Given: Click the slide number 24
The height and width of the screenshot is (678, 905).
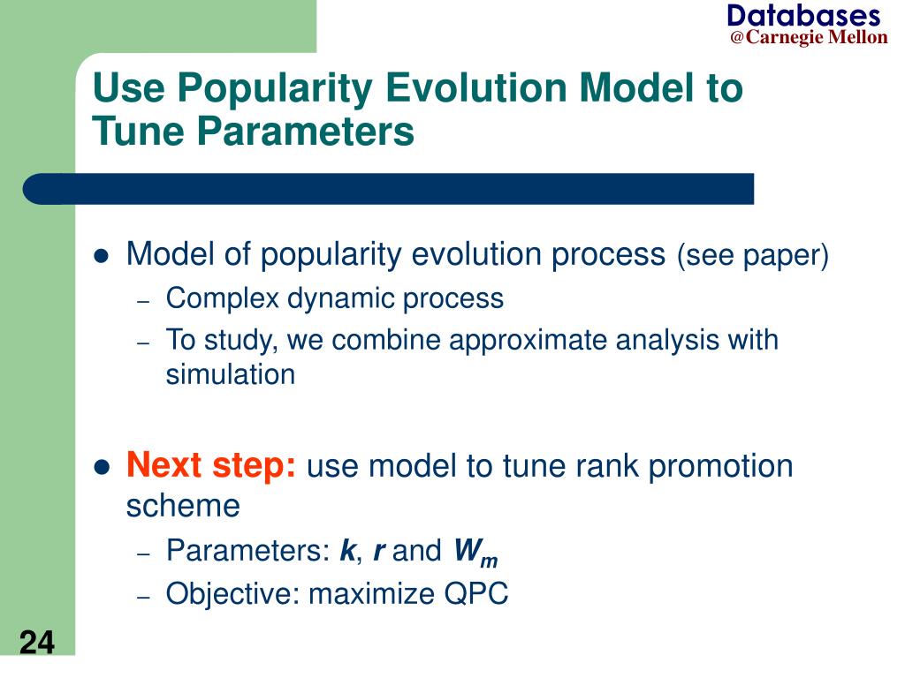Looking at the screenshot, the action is pos(37,643).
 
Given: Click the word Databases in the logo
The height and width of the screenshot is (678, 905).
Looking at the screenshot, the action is pos(804,16).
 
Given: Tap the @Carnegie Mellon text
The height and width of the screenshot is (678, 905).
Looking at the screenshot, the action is pos(809,37).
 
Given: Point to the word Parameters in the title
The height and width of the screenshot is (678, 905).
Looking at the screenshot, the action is pos(305,131).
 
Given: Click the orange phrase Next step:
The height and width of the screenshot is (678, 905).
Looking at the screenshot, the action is pos(211,465).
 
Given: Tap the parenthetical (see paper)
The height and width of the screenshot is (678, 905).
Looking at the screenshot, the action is pos(753,255).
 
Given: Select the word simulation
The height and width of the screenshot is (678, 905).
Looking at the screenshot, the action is pos(231,374).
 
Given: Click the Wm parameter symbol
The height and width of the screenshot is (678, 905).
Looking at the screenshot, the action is pos(475,553).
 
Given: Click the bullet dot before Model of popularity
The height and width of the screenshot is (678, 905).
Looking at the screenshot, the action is pos(102,255).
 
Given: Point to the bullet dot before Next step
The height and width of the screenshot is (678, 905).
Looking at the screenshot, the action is pos(102,468).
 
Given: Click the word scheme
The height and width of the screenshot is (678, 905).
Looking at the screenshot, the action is pos(183,506).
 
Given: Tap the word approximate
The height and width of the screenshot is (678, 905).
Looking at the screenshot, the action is pos(527,341).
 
